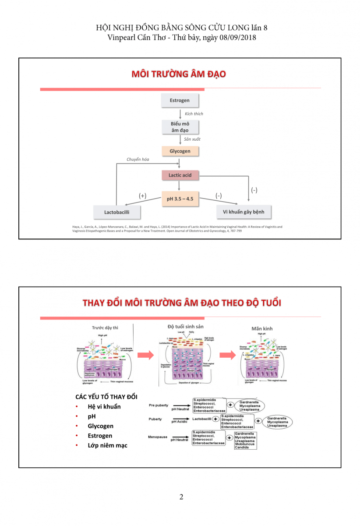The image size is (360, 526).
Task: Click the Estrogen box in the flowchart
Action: click(180, 100)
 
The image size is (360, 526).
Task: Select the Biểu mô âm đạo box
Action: click(180, 127)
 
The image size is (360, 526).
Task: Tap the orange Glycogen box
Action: click(180, 151)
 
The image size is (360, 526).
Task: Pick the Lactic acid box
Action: click(180, 175)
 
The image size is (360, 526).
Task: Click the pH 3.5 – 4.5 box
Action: click(180, 199)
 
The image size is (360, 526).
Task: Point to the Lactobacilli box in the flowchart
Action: click(116, 213)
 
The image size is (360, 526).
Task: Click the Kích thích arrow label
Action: click(194, 114)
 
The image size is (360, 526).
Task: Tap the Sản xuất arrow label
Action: click(192, 139)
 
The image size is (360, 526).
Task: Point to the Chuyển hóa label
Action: click(138, 160)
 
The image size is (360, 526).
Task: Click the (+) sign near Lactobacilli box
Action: click(142, 196)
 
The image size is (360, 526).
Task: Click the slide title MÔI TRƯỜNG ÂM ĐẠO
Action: click(179, 74)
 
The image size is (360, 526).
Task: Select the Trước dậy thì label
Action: click(105, 328)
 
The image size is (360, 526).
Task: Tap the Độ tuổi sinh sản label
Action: click(185, 327)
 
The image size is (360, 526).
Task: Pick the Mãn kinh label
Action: click(262, 328)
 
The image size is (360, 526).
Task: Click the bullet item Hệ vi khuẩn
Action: click(104, 406)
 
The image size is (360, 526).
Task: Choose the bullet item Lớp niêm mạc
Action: click(107, 445)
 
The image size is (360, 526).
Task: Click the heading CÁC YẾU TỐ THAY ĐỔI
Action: click(106, 397)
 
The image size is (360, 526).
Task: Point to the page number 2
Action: click(181, 497)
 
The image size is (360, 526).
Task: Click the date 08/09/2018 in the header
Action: click(235, 38)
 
